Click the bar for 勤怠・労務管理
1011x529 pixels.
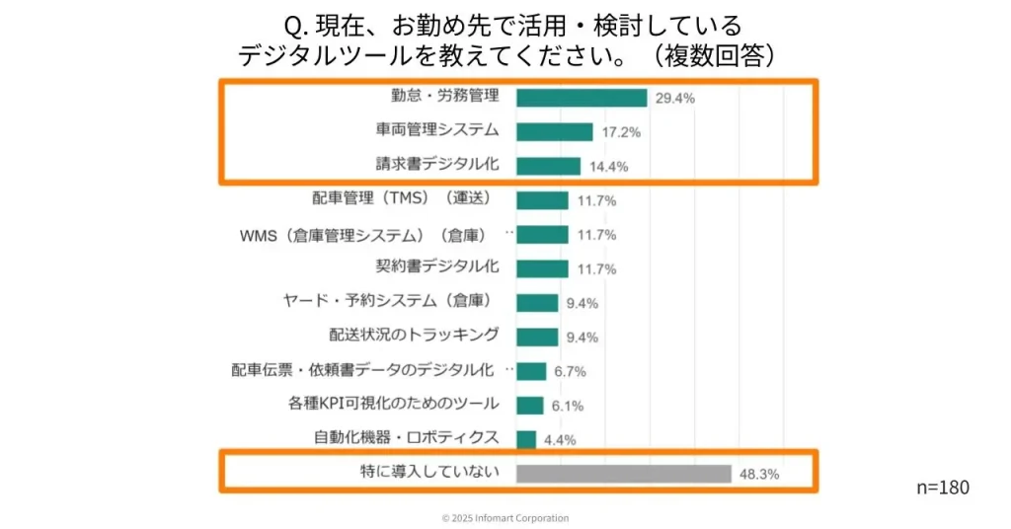point(581,98)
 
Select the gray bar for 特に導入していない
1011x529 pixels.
point(623,474)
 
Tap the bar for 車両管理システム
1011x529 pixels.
point(554,131)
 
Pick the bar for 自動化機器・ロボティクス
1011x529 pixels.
point(526,439)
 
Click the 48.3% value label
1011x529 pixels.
point(758,474)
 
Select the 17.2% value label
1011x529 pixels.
point(620,131)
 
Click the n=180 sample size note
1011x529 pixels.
point(943,488)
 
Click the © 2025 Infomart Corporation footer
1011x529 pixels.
point(505,518)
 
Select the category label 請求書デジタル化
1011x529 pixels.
point(437,164)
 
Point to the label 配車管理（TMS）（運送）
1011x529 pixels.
point(402,198)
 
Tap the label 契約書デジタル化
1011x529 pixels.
point(437,266)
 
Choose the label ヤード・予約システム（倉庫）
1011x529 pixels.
point(387,301)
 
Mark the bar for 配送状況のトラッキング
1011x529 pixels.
point(537,337)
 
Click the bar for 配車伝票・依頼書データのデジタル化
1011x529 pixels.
point(531,371)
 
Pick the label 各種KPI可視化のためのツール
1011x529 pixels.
point(394,404)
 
